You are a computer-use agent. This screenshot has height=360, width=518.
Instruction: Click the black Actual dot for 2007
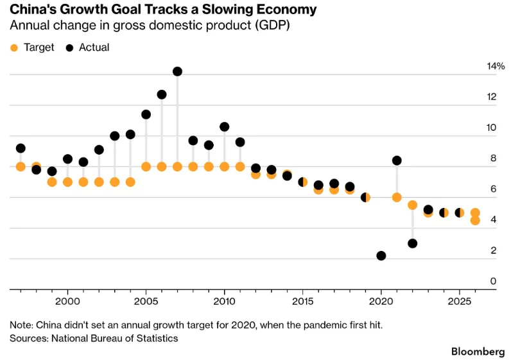(x=177, y=71)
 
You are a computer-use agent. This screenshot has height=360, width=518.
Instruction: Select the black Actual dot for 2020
(x=381, y=255)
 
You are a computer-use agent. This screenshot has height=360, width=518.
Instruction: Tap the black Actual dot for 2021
(x=397, y=160)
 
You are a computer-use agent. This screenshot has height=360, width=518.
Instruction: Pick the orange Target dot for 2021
(x=397, y=198)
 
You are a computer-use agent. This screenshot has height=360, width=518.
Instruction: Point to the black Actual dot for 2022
(x=413, y=243)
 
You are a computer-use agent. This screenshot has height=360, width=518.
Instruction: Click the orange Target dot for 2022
(x=413, y=205)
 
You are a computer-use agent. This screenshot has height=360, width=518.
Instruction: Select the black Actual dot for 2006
(x=162, y=94)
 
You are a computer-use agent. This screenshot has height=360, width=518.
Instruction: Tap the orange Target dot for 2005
(x=146, y=167)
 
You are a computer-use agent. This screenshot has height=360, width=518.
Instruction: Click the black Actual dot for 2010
(x=224, y=127)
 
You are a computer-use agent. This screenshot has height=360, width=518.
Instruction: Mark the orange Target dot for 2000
(x=68, y=182)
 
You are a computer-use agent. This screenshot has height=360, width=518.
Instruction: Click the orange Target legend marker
(x=14, y=48)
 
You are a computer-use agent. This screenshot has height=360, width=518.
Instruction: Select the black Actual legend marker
(x=69, y=48)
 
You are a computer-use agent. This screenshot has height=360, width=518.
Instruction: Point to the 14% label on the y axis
(x=496, y=66)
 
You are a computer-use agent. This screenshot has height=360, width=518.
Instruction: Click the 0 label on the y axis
(x=493, y=281)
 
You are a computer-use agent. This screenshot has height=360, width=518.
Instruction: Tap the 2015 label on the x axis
(x=302, y=301)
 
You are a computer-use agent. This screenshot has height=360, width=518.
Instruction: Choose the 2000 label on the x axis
(x=68, y=301)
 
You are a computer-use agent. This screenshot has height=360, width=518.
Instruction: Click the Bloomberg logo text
(x=478, y=352)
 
